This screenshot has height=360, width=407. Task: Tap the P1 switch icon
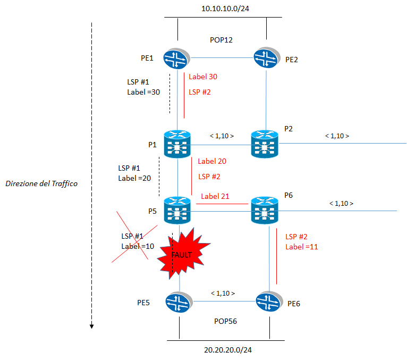pos(177,144)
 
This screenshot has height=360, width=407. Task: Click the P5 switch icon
pos(177,211)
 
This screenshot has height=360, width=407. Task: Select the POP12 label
pos(222,40)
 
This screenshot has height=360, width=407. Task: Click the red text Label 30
pos(203,77)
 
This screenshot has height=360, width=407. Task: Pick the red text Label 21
pos(215,196)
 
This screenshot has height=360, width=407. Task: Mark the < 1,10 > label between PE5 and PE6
pos(223,293)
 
